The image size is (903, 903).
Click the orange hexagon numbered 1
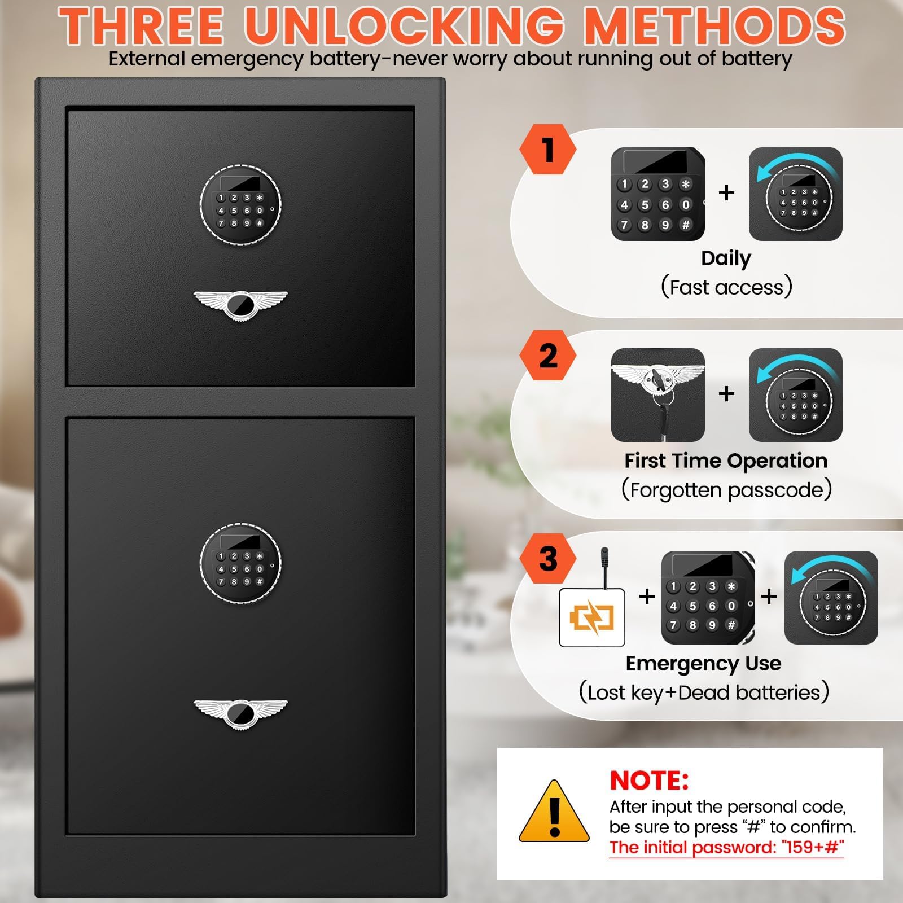[x=547, y=150]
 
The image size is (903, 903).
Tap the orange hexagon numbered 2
[x=547, y=356]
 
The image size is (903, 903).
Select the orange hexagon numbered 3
[x=547, y=559]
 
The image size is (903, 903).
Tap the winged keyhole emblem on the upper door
[x=240, y=305]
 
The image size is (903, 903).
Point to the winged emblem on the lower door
[x=240, y=714]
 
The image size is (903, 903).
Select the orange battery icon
[x=591, y=617]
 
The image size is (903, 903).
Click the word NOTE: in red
[x=649, y=781]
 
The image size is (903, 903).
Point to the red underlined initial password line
[x=727, y=848]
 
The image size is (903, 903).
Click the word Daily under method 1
[x=726, y=258]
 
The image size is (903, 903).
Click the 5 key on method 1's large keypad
[x=645, y=204]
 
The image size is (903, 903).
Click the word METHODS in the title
[x=714, y=26]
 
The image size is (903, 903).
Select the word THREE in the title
[x=142, y=26]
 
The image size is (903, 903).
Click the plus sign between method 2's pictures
[x=727, y=393]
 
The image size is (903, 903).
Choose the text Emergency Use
[x=703, y=663]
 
